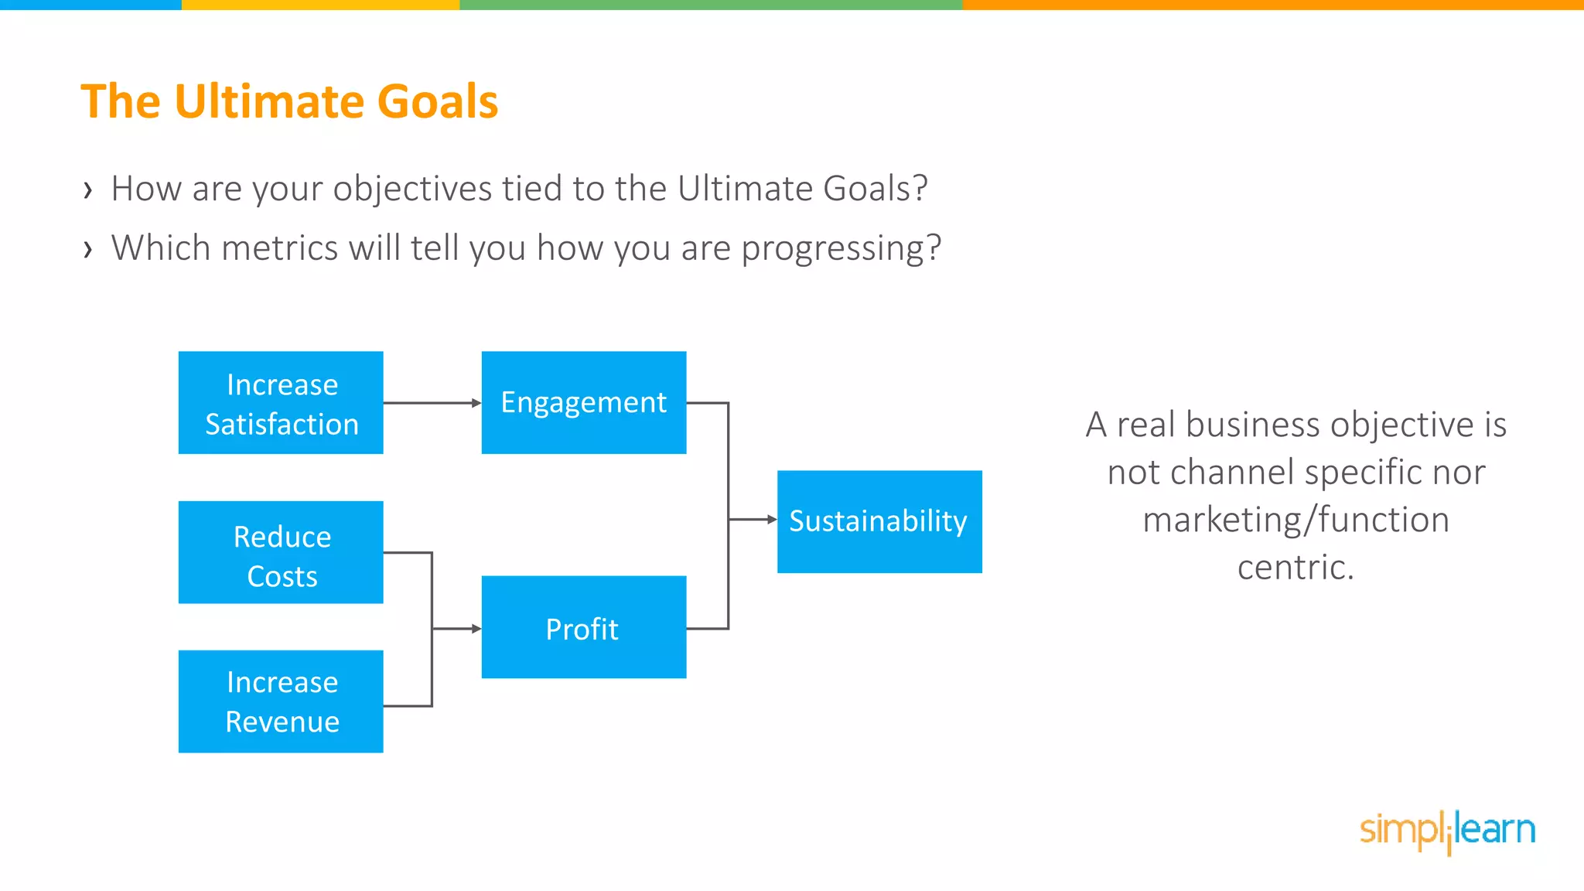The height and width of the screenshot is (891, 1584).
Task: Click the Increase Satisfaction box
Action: tap(281, 403)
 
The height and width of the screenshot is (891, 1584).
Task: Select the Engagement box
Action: tap(584, 403)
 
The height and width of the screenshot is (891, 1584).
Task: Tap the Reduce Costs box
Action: tap(281, 552)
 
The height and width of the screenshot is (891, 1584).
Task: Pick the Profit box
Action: tap(584, 627)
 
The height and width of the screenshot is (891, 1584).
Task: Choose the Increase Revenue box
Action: tap(281, 702)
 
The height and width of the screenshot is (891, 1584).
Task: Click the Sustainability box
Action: tap(879, 521)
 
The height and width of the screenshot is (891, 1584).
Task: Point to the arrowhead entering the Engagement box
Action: tap(476, 403)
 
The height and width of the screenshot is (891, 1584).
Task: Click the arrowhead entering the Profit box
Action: tap(476, 629)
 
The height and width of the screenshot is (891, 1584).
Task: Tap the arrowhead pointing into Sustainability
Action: tap(772, 520)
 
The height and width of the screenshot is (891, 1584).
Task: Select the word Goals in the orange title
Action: tap(437, 102)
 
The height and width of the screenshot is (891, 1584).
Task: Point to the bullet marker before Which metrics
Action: tap(88, 250)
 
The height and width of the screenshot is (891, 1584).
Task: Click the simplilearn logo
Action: tap(1447, 831)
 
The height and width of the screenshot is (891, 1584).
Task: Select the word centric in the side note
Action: tap(1295, 568)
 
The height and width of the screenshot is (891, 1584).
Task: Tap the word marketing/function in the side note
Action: tap(1296, 520)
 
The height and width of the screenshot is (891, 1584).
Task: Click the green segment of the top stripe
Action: tap(710, 5)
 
